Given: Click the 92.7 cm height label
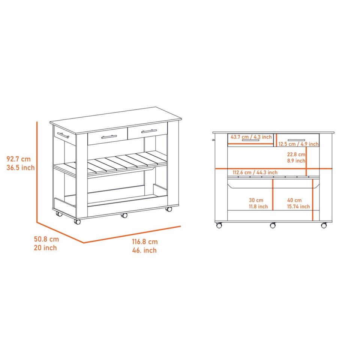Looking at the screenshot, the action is tap(18, 159).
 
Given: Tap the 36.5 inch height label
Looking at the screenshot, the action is tap(20, 168).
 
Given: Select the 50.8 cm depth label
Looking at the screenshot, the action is tap(46, 239).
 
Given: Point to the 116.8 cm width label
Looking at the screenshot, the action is tap(145, 242).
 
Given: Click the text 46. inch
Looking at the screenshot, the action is tap(144, 250).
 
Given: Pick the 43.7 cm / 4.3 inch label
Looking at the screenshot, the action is tap(251, 137).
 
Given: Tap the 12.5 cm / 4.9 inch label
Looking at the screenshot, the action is tap(298, 144).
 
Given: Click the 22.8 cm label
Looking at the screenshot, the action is tap(296, 154).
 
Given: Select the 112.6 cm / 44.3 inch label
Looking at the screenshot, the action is tap(255, 172).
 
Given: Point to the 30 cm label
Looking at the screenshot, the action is tap(256, 200).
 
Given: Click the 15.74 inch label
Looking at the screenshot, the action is tap(298, 207).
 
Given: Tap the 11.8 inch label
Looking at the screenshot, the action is tap(258, 207).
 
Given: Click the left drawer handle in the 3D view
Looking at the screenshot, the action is tap(109, 137).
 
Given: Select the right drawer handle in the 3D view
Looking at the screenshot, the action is tap(149, 131).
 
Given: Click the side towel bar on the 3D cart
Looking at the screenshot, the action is tap(63, 135).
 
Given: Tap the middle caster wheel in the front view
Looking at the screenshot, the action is tap(273, 225).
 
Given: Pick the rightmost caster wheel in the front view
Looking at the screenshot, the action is tap(324, 225).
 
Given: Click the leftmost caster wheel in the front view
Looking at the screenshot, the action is tap(219, 225).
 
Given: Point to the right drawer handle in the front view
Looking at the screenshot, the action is tap(296, 140).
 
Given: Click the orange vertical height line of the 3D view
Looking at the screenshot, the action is tap(37, 172).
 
